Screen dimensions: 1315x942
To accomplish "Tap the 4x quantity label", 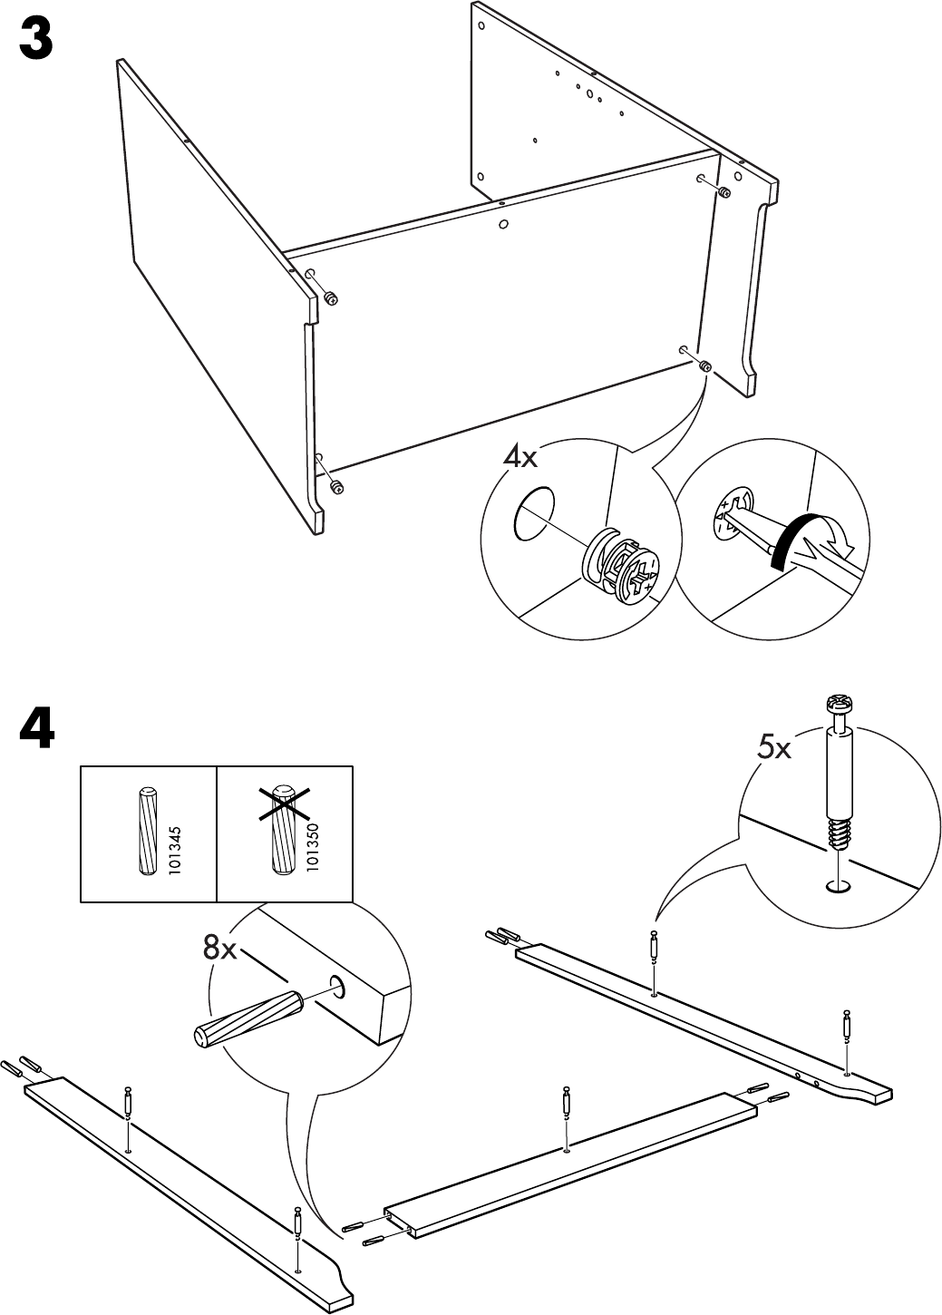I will pyautogui.click(x=520, y=455).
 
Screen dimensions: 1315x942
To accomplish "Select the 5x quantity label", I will pyautogui.click(x=773, y=748).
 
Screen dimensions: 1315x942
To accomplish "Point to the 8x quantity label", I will pyautogui.click(x=219, y=949).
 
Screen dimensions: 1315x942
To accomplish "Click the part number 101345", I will pyautogui.click(x=176, y=848).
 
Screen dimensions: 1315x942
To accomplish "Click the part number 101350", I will pyautogui.click(x=312, y=848).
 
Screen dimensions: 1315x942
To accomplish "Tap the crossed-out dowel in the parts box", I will pyautogui.click(x=284, y=829).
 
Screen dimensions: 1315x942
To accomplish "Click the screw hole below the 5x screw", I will pyautogui.click(x=840, y=885).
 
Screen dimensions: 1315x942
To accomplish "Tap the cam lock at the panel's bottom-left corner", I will pyautogui.click(x=336, y=488).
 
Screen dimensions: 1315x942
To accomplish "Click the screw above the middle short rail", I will pyautogui.click(x=567, y=1103).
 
